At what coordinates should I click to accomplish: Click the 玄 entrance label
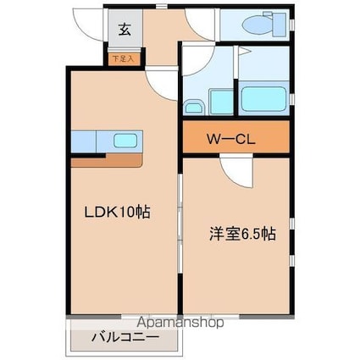pos(125,30)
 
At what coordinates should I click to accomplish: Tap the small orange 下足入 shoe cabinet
pos(125,59)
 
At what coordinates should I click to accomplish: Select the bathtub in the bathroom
pos(263,98)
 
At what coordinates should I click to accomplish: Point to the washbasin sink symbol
pos(193,107)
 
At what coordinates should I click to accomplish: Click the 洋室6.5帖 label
pos(237,230)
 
